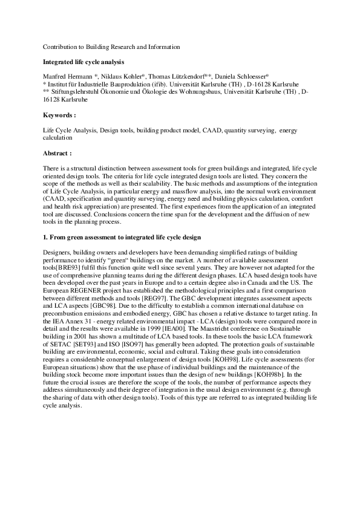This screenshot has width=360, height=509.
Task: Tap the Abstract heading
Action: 58,154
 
